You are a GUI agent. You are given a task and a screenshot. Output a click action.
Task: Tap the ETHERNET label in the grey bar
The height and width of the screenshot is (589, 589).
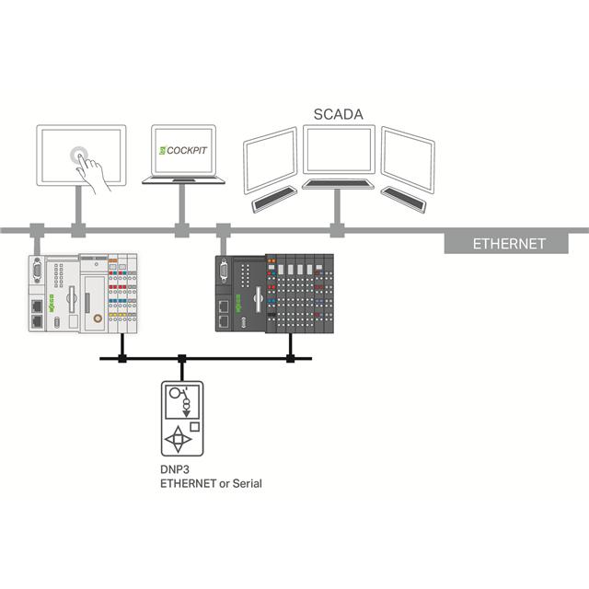click(x=509, y=244)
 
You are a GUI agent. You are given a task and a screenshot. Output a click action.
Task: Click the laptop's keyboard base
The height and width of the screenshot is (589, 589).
click(x=184, y=180)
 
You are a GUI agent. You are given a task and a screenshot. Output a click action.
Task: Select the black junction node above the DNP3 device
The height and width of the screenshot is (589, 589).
click(x=182, y=356)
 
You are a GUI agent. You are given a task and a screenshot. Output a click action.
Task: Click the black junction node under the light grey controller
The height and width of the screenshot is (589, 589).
click(x=121, y=356)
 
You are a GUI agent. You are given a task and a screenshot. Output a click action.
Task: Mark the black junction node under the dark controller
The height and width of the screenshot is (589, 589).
click(x=291, y=356)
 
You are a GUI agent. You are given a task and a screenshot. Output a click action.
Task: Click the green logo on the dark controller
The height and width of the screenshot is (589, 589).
click(x=251, y=260)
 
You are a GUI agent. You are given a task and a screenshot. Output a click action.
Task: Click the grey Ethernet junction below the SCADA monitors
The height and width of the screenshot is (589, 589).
click(x=337, y=227)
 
